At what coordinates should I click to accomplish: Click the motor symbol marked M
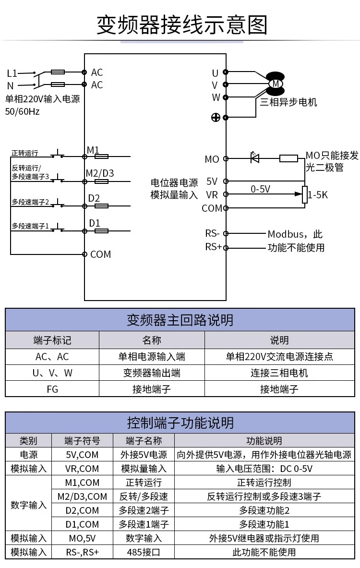(x=276, y=84)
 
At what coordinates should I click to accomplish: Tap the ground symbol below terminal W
(x=216, y=117)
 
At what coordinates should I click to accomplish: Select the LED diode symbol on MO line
(x=255, y=157)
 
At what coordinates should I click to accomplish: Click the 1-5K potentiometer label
(x=318, y=195)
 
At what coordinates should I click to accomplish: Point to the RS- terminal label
(x=212, y=234)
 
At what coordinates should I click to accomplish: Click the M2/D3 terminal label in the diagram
(x=100, y=173)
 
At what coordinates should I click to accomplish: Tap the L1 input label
(x=12, y=73)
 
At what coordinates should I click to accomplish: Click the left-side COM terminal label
(x=100, y=254)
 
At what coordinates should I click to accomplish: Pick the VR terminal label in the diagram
(x=212, y=195)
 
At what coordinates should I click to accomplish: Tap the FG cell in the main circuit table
(x=52, y=389)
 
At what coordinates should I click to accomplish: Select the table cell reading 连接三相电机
(x=279, y=373)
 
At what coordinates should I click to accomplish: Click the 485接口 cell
(x=143, y=553)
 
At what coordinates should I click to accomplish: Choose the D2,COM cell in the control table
(x=82, y=510)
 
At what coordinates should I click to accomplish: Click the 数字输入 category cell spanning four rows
(x=28, y=504)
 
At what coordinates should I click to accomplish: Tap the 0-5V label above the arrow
(x=261, y=189)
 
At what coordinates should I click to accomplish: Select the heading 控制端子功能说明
(x=180, y=423)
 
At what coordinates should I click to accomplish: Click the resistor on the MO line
(x=288, y=158)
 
